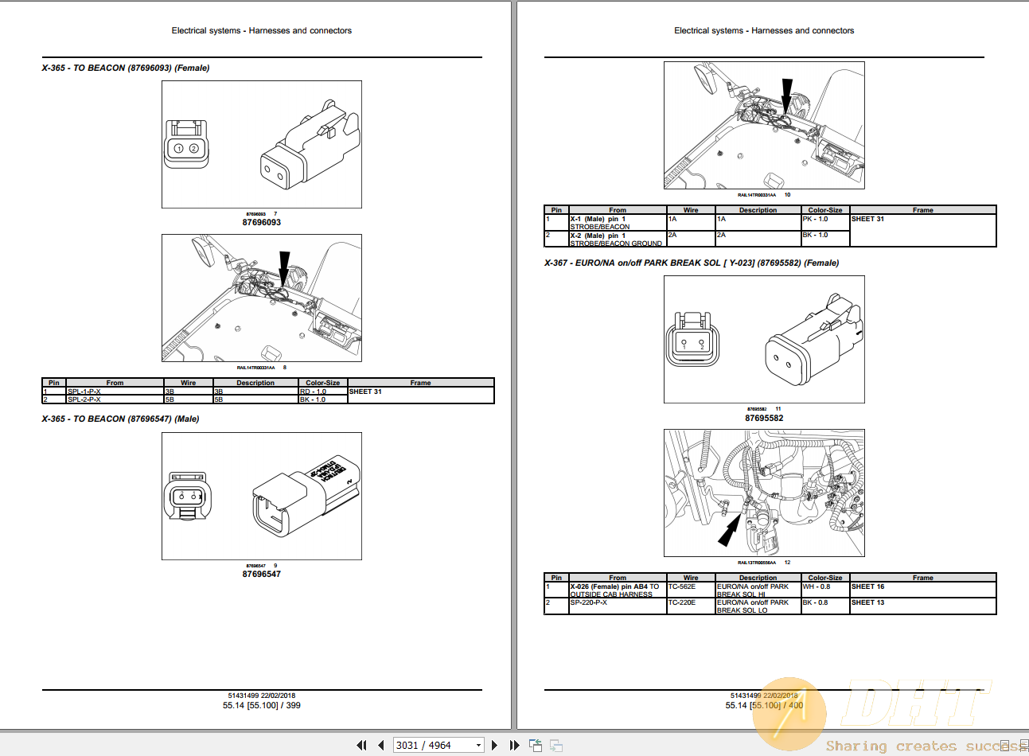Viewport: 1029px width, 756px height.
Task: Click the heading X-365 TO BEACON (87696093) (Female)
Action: tap(126, 68)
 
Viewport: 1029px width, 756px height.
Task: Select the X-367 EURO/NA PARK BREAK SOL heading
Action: tap(691, 263)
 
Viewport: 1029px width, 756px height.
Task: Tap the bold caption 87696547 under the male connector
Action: tap(261, 574)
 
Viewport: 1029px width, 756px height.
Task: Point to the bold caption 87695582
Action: tap(764, 418)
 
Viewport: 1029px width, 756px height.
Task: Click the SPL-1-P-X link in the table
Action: tap(84, 392)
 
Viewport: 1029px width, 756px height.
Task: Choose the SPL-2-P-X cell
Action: tap(84, 399)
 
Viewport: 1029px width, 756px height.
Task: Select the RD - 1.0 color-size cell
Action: tap(313, 392)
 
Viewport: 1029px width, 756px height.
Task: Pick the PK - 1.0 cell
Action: tap(815, 219)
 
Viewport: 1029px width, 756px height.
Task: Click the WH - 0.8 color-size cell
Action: tap(815, 586)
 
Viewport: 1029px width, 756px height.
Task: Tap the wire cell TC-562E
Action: tap(682, 586)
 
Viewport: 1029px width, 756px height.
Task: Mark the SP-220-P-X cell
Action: tap(589, 602)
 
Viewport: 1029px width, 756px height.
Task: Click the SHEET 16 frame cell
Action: tap(868, 586)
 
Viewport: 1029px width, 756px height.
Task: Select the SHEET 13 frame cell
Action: tap(868, 602)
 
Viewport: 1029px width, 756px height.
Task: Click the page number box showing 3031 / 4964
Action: tap(438, 745)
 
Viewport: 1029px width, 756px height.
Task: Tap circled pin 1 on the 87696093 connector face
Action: tap(179, 149)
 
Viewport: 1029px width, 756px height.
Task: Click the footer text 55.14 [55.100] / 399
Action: tap(261, 705)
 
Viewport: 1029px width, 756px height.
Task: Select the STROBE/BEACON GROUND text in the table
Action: tap(616, 244)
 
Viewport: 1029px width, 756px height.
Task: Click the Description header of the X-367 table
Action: tap(758, 578)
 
